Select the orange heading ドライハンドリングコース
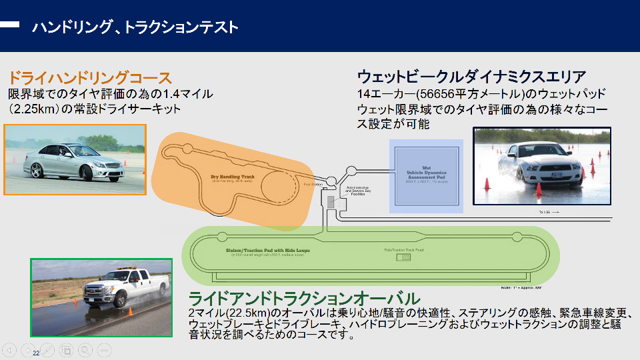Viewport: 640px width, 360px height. coord(90,77)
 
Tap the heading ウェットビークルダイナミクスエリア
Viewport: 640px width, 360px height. coord(471,77)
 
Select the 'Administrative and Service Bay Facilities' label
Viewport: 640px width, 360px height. coord(357,191)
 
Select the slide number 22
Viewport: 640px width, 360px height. coord(36,353)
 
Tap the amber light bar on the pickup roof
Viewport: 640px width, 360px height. coord(127,269)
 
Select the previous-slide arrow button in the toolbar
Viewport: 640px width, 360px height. coord(10,349)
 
